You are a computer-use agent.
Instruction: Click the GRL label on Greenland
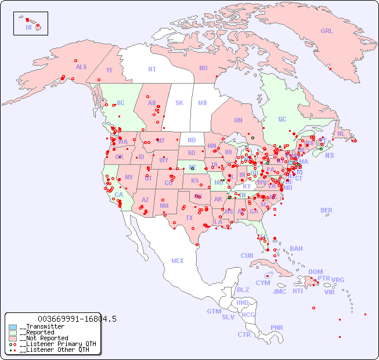327,31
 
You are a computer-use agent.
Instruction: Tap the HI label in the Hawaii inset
28,27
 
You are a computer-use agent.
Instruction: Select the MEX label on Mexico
178,261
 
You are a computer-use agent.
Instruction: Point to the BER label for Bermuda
327,210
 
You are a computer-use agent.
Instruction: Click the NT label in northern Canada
151,69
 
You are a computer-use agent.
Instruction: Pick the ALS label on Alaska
81,67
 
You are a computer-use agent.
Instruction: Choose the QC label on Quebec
282,119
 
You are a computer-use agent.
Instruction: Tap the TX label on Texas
189,218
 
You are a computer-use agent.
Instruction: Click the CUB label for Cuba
247,255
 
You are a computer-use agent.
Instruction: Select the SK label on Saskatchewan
179,103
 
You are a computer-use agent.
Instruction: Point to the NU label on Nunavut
203,68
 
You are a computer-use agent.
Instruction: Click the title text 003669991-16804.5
77,319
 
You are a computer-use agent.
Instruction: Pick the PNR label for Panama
277,327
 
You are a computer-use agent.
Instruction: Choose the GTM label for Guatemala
214,311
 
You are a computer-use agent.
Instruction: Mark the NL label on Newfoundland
341,133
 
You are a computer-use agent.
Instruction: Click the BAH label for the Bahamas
296,249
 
